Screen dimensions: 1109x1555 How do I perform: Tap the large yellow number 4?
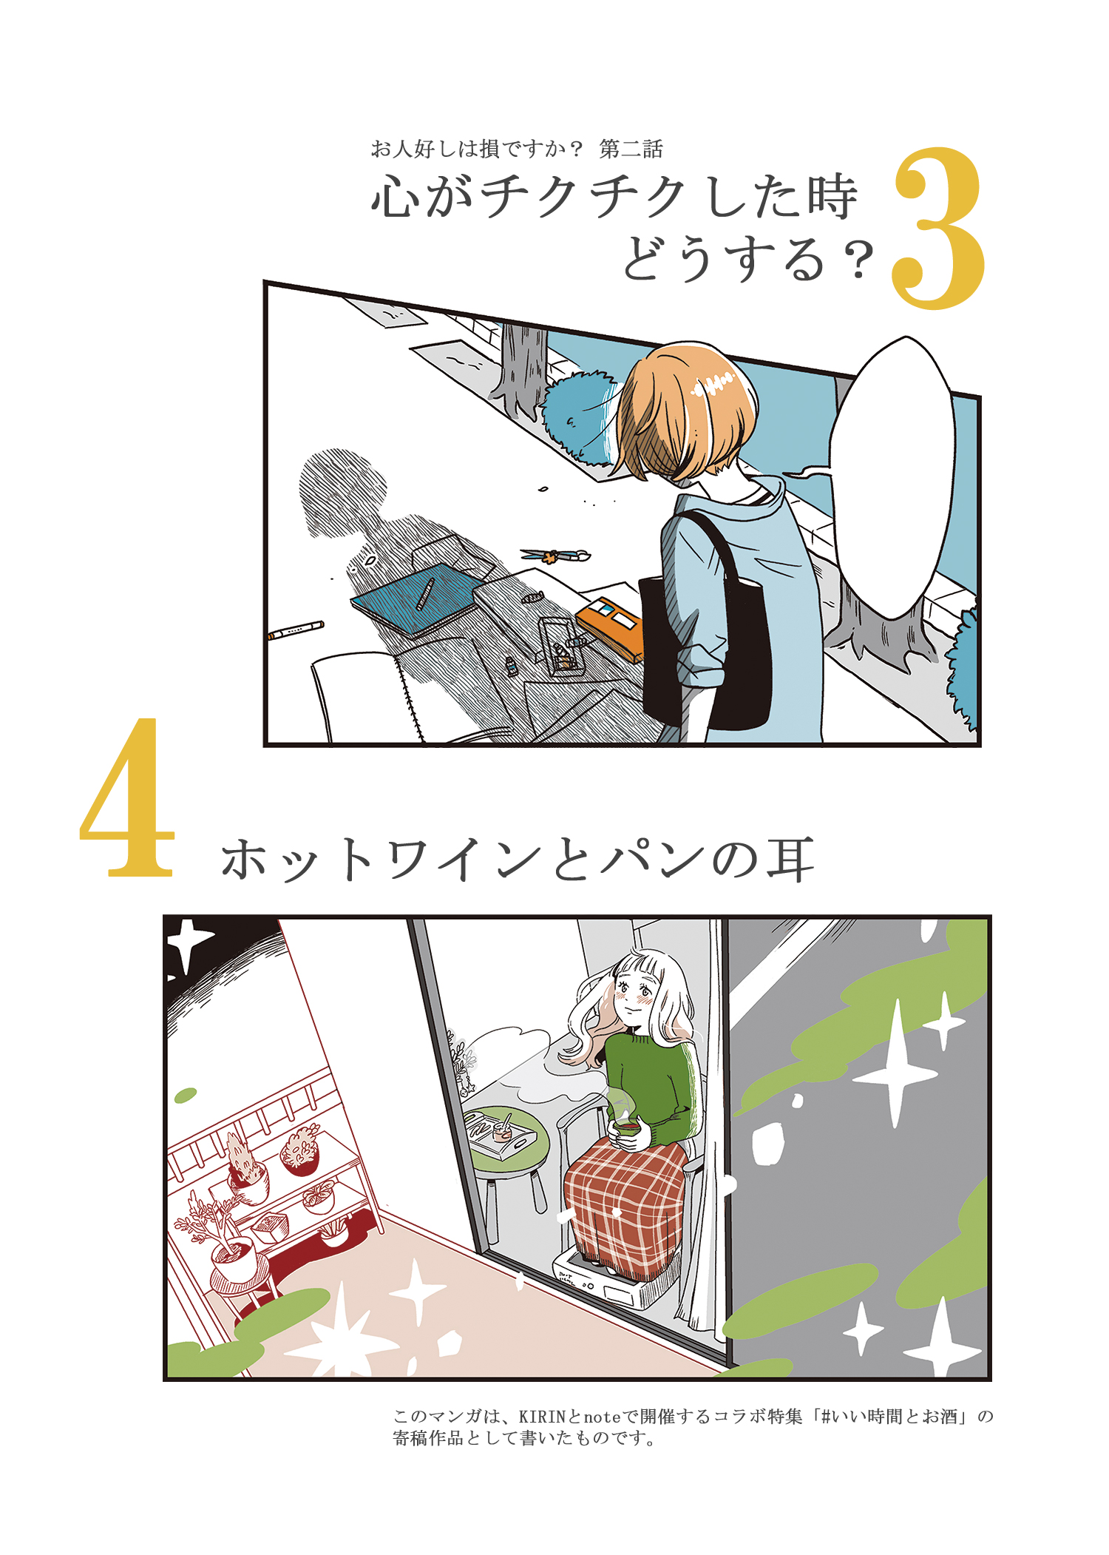point(127,799)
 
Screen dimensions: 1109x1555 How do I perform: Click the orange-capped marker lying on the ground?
point(296,630)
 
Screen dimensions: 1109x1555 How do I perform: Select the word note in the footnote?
point(602,1417)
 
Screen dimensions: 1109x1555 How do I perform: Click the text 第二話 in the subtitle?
point(631,149)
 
